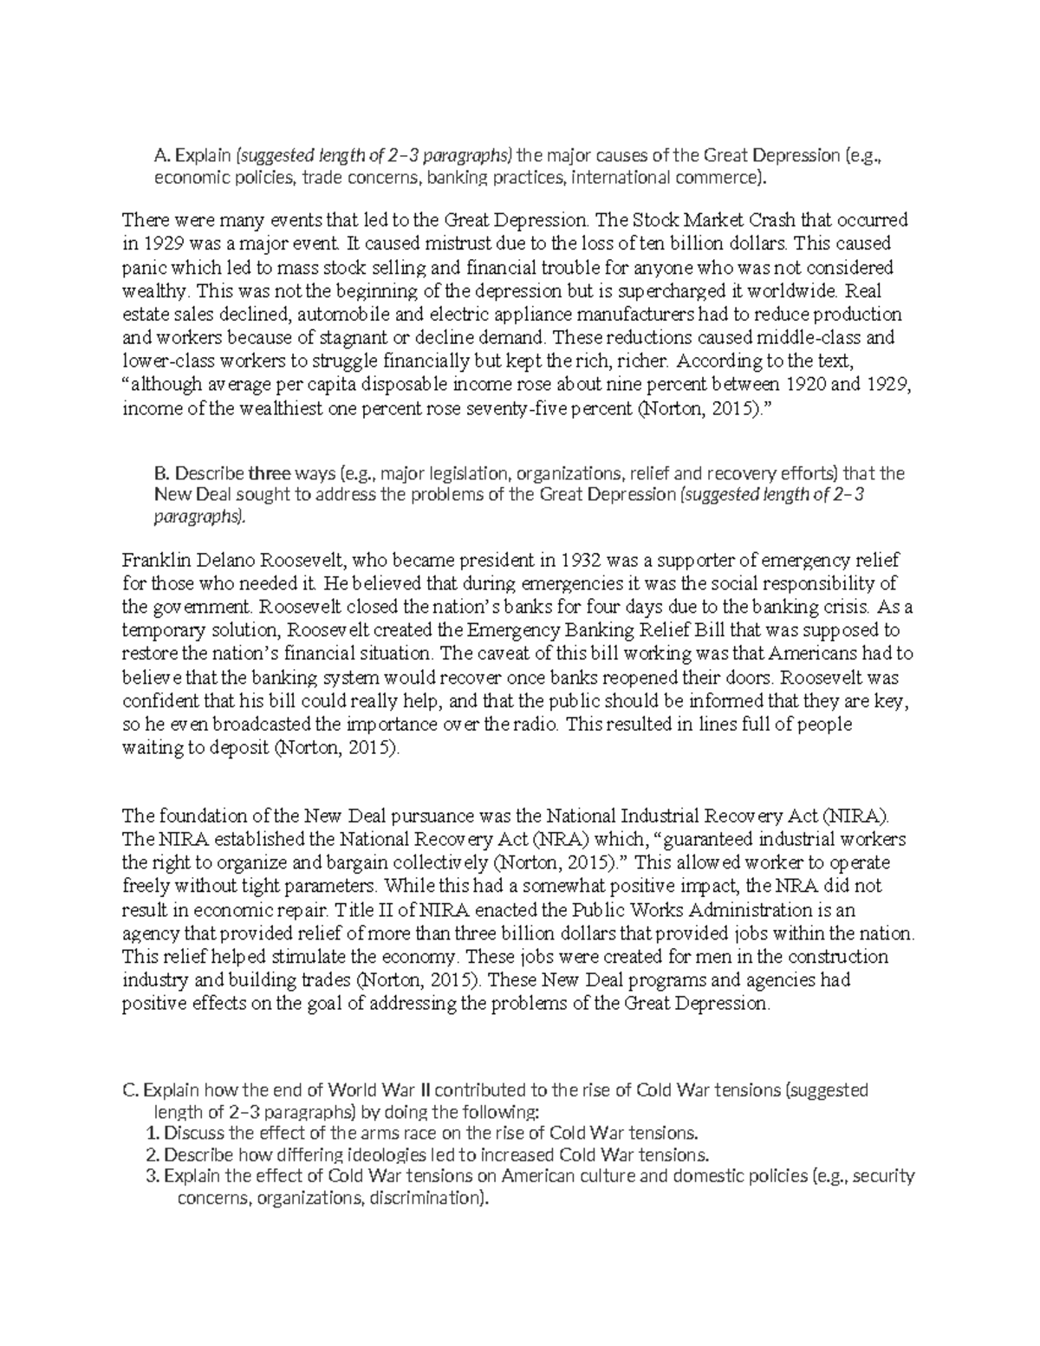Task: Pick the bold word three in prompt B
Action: tap(269, 473)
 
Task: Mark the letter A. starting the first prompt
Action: tap(159, 157)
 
